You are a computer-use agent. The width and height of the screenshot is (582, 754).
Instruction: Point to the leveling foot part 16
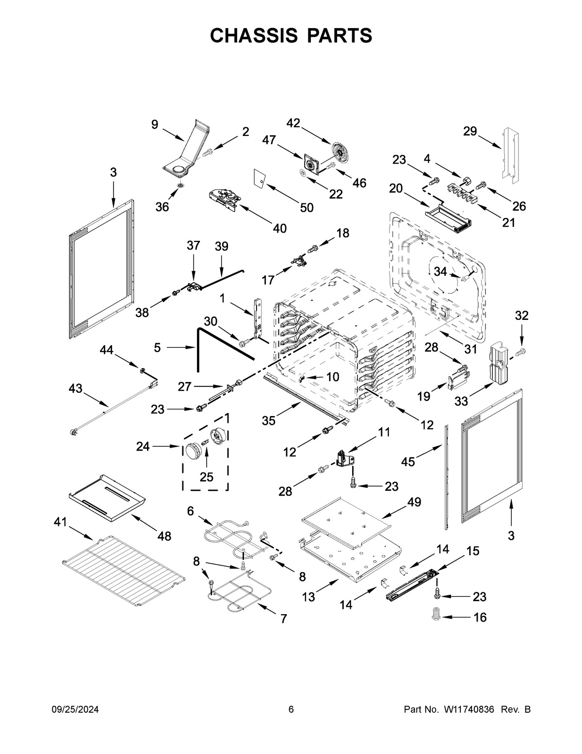[x=435, y=614]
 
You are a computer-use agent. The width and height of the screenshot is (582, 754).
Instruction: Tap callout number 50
[x=307, y=207]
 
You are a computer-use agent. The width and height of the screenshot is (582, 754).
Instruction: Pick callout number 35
[x=269, y=420]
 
